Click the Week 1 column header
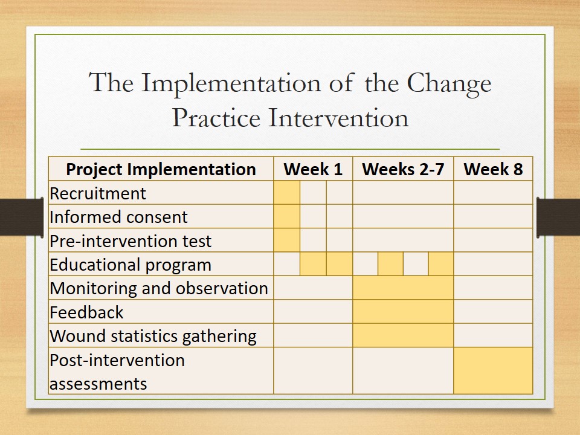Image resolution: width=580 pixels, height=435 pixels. click(313, 169)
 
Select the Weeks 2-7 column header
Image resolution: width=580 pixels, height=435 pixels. click(403, 169)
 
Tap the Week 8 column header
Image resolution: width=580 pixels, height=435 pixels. click(493, 169)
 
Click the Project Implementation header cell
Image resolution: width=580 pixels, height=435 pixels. click(161, 169)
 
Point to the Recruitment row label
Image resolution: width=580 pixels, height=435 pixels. click(98, 193)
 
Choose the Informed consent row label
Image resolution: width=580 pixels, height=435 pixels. click(118, 217)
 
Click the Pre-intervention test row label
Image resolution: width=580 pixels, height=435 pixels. click(130, 241)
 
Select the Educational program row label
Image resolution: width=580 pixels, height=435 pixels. click(130, 265)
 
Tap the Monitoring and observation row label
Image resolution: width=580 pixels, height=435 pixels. click(159, 289)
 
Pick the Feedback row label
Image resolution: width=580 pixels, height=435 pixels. click(86, 312)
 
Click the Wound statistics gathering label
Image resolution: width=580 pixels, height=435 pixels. click(153, 337)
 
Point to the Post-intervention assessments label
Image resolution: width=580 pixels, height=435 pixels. click(117, 372)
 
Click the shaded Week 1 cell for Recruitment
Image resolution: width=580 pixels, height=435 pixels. click(286, 192)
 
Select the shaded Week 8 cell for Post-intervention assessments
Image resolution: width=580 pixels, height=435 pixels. click(493, 370)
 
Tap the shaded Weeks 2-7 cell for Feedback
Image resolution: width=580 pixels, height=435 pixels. click(403, 312)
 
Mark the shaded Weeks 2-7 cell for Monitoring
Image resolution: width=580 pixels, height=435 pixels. click(403, 288)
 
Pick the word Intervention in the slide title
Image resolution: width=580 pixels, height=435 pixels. click(338, 118)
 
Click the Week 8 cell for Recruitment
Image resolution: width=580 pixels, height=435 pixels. click(493, 192)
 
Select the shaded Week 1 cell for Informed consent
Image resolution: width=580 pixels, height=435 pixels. click(286, 216)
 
